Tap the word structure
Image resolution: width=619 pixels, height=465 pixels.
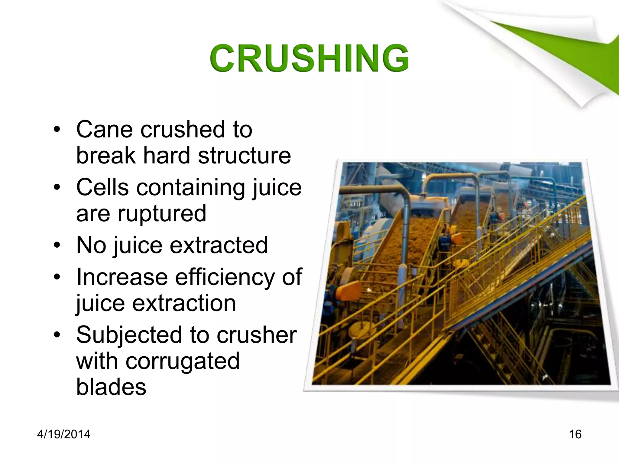pyautogui.click(x=244, y=156)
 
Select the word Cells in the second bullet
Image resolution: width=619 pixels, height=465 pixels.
pyautogui.click(x=102, y=187)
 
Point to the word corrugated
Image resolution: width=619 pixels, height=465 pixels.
pyautogui.click(x=183, y=361)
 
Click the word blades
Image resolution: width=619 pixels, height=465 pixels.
pyautogui.click(x=111, y=387)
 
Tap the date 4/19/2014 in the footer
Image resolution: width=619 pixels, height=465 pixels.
pyautogui.click(x=63, y=434)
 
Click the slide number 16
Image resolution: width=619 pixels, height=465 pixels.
pyautogui.click(x=575, y=434)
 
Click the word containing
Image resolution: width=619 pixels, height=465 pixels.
pyautogui.click(x=190, y=188)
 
